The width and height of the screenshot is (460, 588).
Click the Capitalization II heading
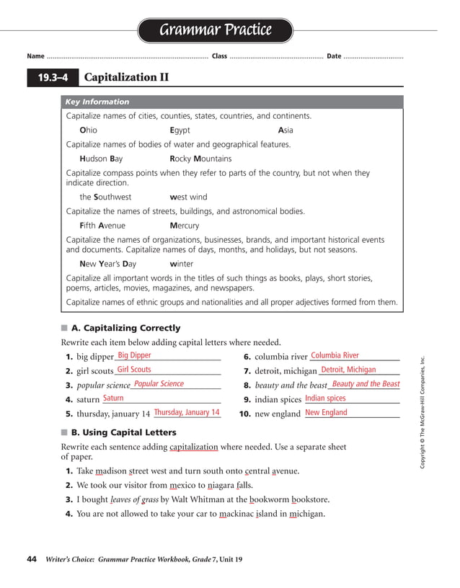(126, 77)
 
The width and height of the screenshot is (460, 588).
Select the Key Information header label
(97, 102)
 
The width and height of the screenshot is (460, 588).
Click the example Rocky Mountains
(200, 159)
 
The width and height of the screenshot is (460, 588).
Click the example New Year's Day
(108, 264)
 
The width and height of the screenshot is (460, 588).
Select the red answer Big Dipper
(134, 355)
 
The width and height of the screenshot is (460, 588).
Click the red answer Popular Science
(159, 384)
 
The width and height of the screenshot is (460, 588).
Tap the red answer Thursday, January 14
(186, 413)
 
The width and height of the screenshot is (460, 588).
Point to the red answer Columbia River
(335, 355)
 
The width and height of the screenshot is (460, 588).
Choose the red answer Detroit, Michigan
(348, 370)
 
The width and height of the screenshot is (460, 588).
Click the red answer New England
(326, 413)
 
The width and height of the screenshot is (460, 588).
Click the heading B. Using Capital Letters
(123, 432)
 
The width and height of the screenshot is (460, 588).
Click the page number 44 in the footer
(32, 558)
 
